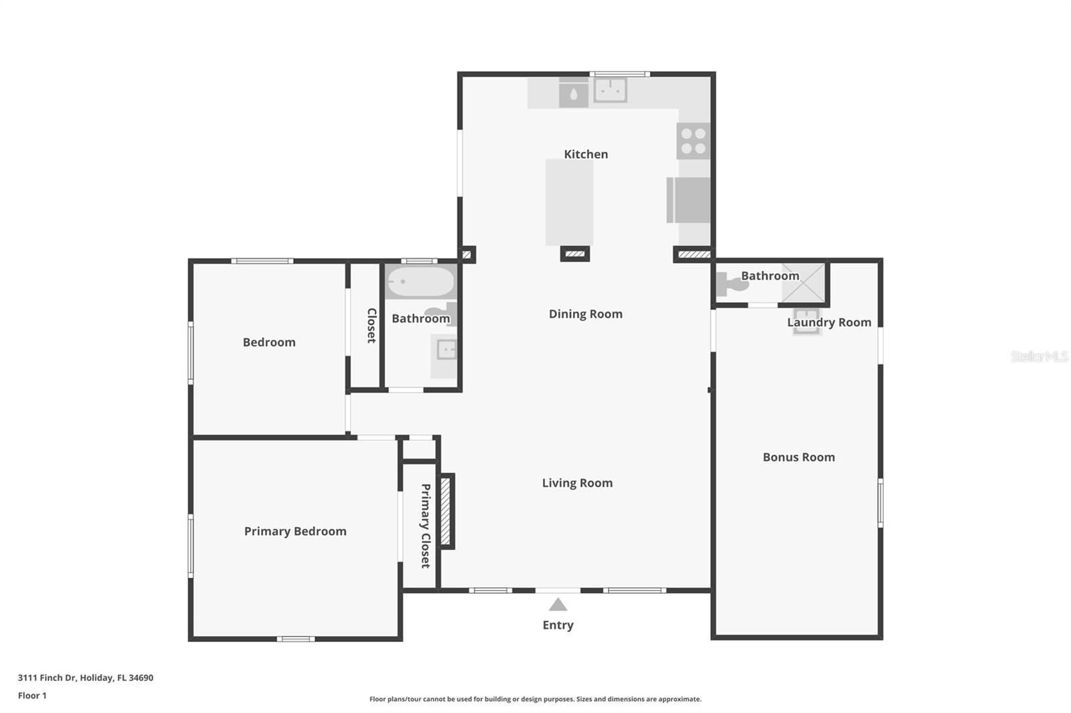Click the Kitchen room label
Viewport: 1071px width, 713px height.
click(586, 155)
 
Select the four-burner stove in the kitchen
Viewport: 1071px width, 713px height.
click(693, 141)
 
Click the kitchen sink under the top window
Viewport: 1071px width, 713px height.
click(610, 90)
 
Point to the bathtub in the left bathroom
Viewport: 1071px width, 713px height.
click(421, 282)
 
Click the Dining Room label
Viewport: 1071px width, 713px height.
click(586, 314)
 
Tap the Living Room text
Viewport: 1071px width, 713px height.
click(577, 483)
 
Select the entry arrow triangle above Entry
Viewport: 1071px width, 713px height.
click(558, 605)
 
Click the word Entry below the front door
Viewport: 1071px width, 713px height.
click(558, 625)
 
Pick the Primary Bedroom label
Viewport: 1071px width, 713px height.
click(295, 531)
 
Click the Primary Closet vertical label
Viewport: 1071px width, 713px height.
click(425, 526)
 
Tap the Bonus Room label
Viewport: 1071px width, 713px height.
click(799, 457)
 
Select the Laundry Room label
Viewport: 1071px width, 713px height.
click(829, 322)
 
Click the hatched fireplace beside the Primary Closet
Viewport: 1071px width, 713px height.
click(446, 512)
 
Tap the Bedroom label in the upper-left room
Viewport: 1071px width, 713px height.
click(269, 342)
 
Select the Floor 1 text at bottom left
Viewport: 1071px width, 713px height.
click(32, 696)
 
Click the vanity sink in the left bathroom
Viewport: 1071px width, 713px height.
click(446, 350)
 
